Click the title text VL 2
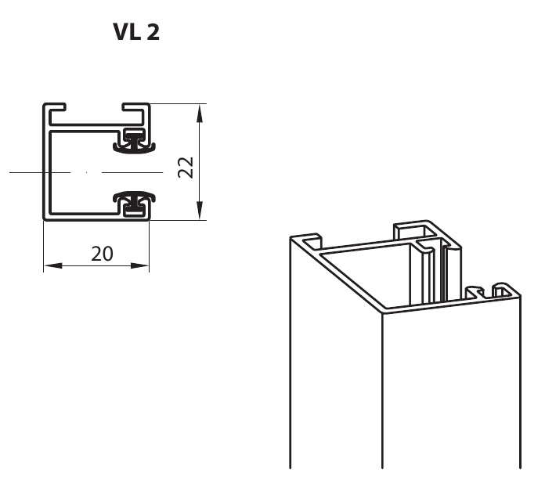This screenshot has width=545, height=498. [136, 32]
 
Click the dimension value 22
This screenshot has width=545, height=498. [186, 168]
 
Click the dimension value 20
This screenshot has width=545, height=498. [102, 254]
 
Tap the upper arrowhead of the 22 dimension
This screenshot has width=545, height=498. [200, 114]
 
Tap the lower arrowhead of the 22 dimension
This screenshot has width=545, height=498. [200, 211]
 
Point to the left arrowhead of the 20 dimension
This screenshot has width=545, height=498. [53, 266]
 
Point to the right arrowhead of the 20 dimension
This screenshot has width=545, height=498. [139, 266]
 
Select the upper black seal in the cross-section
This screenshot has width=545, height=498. [134, 141]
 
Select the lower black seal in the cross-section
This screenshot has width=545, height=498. [134, 203]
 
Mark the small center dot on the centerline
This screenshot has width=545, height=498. [87, 172]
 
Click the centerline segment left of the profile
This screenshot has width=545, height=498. [27, 172]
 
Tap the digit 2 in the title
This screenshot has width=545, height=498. [153, 32]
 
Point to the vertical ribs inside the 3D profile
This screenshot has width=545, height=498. [435, 271]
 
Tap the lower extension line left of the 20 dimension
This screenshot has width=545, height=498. [43, 246]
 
